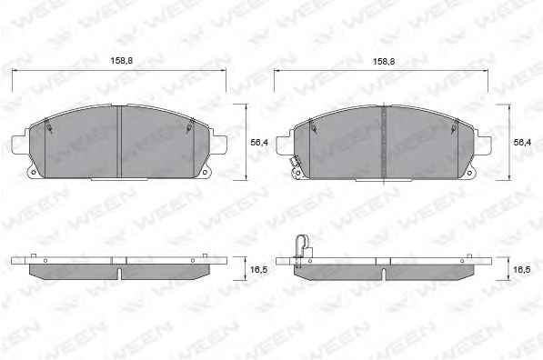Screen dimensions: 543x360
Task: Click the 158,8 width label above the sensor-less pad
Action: (122, 61)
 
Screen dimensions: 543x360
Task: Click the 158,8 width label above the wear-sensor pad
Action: (384, 62)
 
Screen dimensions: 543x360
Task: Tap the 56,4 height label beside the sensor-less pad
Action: (259, 142)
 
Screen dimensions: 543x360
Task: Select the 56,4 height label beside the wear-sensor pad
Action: (523, 142)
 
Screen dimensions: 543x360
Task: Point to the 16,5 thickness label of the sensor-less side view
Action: (259, 270)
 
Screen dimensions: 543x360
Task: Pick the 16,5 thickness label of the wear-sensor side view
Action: (522, 270)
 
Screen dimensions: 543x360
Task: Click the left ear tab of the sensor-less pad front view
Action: (19, 145)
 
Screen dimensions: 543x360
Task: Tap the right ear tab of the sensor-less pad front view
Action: (219, 145)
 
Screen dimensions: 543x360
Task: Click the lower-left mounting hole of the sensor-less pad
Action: (34, 173)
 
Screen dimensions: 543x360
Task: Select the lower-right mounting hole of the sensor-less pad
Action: (205, 173)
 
